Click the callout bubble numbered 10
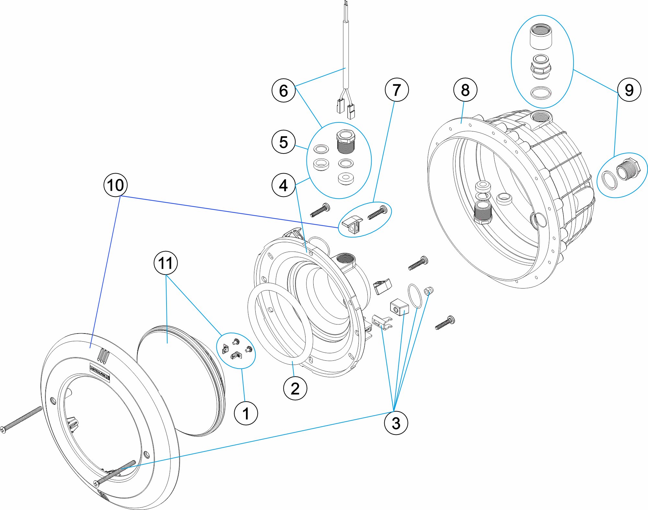115,185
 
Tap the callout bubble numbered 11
166,263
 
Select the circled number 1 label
246,413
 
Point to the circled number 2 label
295,388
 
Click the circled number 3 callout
396,423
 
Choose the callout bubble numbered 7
397,90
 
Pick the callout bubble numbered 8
465,90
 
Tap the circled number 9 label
629,90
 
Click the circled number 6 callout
283,90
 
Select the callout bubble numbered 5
283,142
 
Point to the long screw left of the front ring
21,420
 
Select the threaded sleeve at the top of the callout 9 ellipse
541,36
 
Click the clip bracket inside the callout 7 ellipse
352,224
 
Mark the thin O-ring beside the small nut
415,296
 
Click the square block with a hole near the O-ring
399,307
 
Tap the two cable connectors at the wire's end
345,108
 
